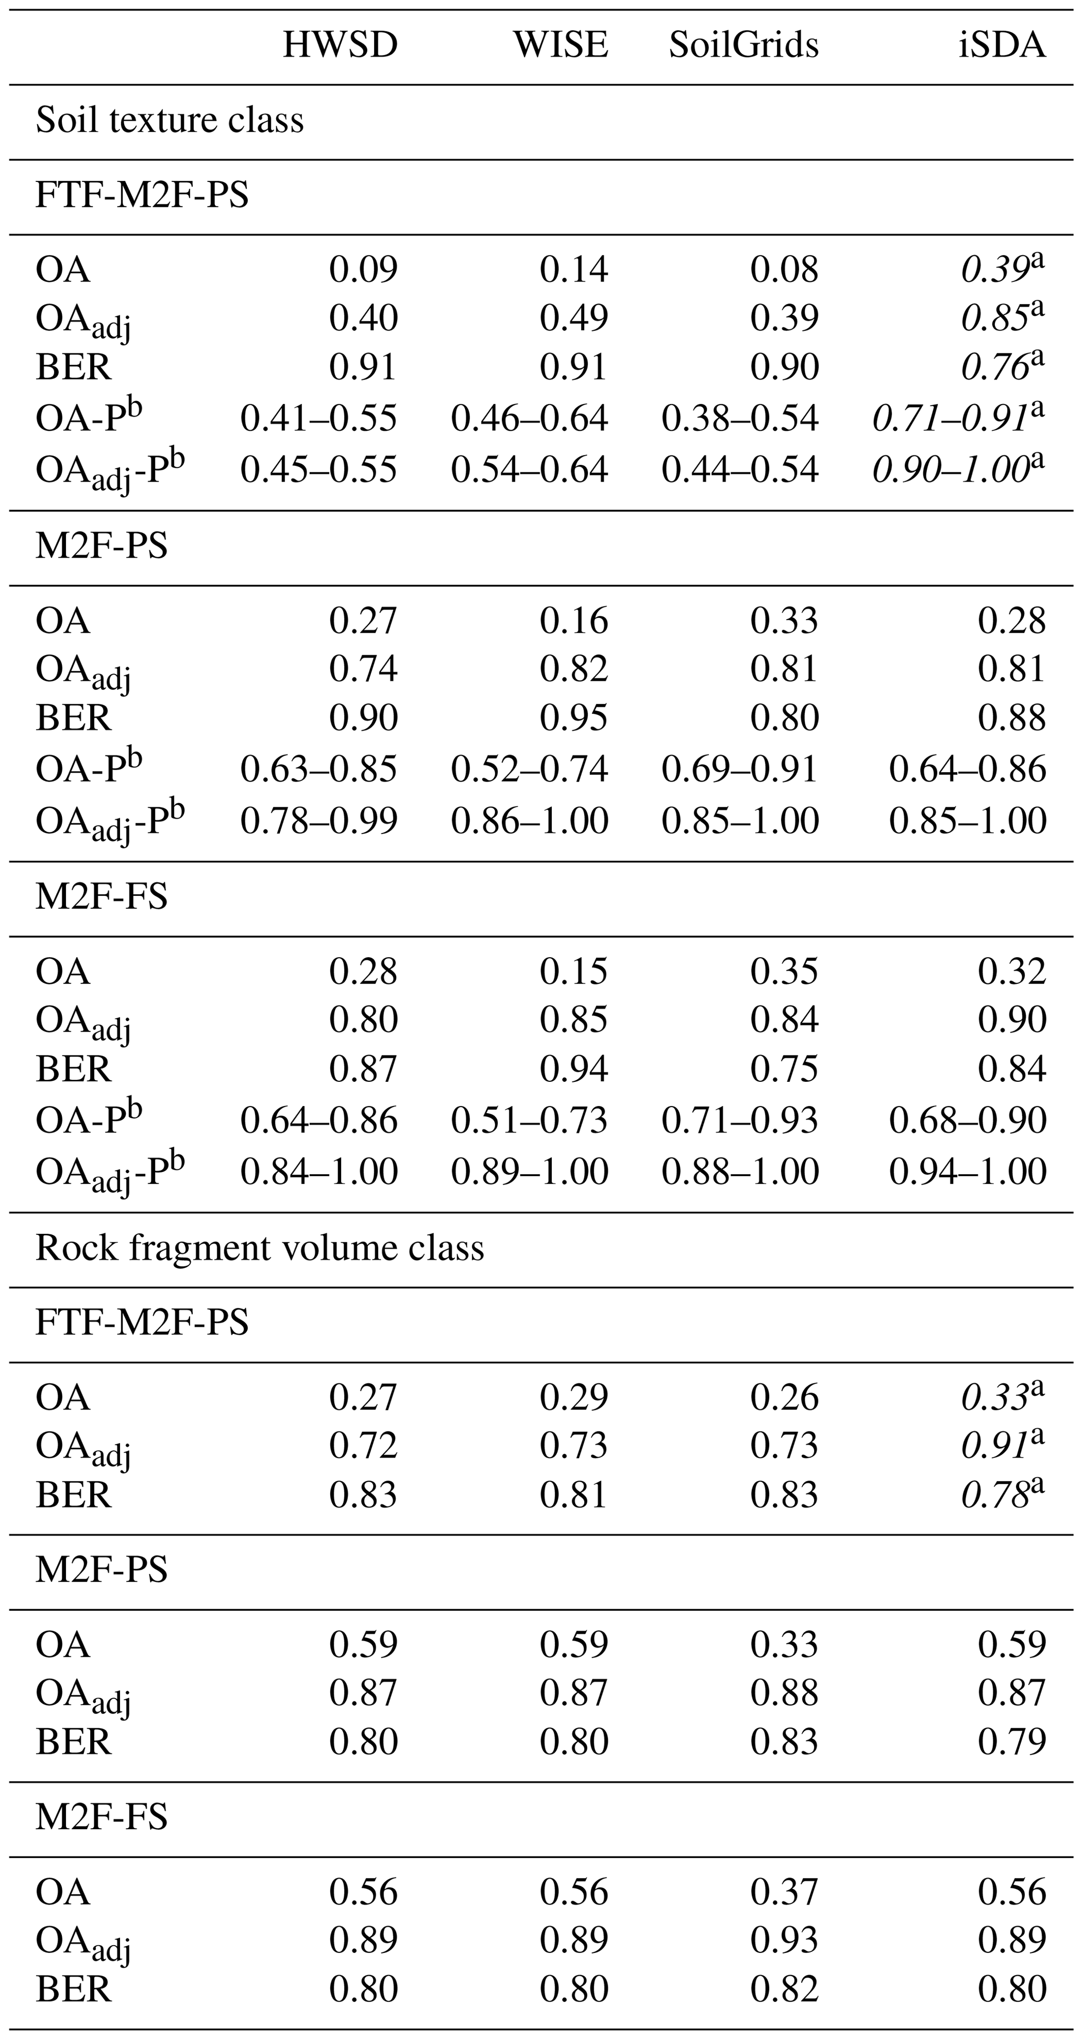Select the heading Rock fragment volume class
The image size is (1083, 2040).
pyautogui.click(x=260, y=1248)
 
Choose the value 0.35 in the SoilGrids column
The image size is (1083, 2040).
pyautogui.click(x=784, y=972)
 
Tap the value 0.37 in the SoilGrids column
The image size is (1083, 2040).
pyautogui.click(x=784, y=1891)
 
